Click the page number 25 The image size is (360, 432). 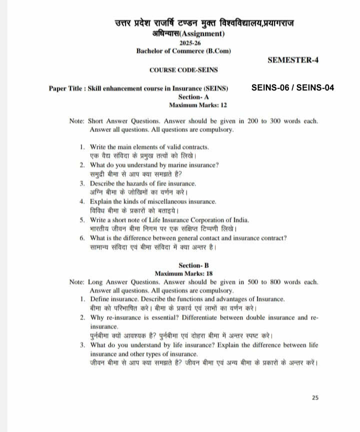[315, 398]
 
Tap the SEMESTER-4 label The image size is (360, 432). [293, 60]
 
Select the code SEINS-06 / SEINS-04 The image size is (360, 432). [292, 88]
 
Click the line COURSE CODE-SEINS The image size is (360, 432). [183, 70]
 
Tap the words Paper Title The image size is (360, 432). [66, 88]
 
